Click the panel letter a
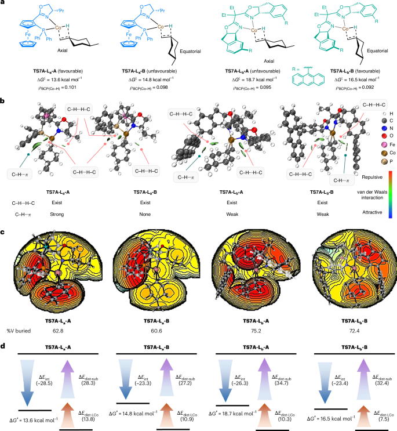3,4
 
